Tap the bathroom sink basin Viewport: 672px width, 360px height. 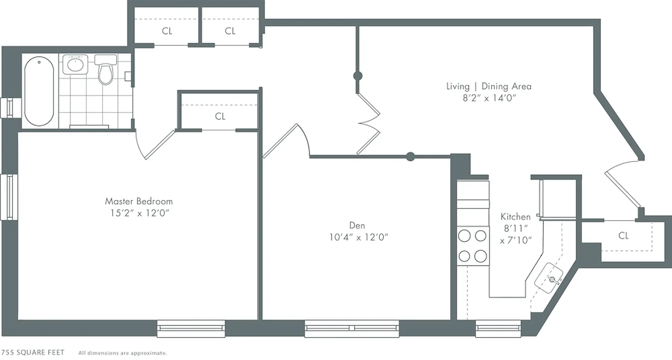tap(74, 64)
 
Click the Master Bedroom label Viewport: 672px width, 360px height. tap(139, 201)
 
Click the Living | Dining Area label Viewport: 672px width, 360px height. tap(488, 86)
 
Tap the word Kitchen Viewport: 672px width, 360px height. tap(515, 217)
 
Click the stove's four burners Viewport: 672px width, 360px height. tap(473, 246)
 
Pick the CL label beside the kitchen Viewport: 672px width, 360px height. tap(623, 236)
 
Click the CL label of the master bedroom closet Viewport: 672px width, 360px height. tap(220, 117)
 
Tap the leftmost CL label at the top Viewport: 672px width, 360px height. tap(167, 31)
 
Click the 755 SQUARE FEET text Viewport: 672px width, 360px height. tap(32, 352)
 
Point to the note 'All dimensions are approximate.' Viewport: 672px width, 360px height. tap(122, 353)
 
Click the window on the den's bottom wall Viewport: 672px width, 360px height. tap(352, 328)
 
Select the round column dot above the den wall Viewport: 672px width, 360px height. tap(410, 157)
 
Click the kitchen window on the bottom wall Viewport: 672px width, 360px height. tap(498, 328)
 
